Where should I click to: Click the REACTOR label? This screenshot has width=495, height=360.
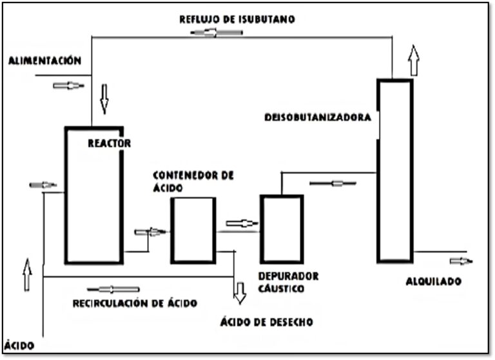click(109, 143)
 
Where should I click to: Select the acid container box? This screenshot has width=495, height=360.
click(193, 230)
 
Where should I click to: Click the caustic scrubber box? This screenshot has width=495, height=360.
click(281, 228)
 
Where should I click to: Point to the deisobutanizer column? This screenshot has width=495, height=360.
click(394, 194)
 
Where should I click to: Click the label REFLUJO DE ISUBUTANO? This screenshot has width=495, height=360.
click(237, 20)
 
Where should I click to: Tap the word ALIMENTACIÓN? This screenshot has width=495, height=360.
click(44, 61)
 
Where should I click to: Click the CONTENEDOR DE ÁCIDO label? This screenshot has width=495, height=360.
click(193, 181)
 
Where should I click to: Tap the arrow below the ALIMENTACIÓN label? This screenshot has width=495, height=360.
click(68, 85)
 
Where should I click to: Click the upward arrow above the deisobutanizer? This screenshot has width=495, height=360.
click(414, 61)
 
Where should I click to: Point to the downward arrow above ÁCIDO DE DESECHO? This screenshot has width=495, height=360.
click(240, 292)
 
